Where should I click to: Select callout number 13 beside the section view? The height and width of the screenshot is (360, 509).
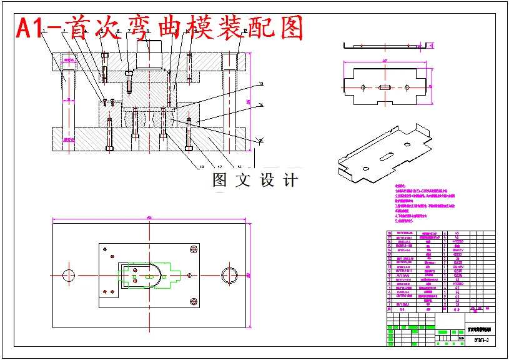coord(260,84)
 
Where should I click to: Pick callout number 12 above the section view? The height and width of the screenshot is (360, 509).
coord(245,31)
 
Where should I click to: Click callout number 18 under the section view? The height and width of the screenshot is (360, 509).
coord(202,167)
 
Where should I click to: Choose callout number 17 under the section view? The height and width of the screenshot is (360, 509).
coord(220,167)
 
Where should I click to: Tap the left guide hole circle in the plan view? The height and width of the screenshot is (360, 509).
coord(68,274)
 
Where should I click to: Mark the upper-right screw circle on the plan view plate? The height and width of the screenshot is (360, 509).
coord(193,250)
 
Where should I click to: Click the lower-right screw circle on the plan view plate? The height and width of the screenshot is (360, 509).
coord(193,301)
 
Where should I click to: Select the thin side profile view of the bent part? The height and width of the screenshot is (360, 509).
coord(387,46)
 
